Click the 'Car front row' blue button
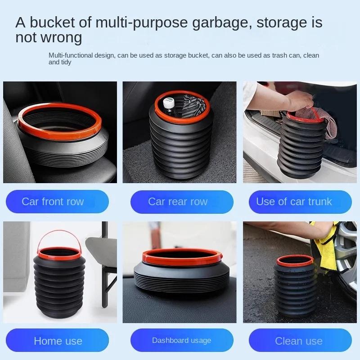(53, 202)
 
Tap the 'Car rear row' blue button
(178, 202)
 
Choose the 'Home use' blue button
(58, 341)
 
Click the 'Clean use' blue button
(298, 341)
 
